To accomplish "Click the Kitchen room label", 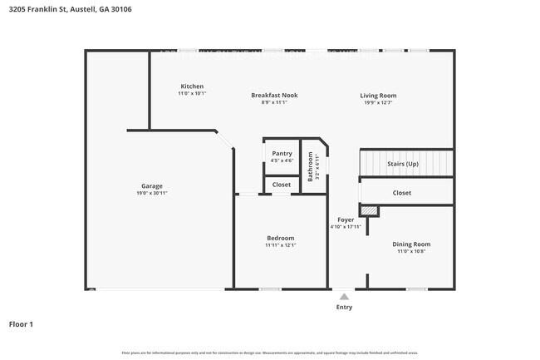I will (192, 86).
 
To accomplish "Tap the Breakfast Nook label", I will (274, 95).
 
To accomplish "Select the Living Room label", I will (378, 95).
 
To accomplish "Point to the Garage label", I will (151, 185).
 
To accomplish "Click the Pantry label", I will (282, 153).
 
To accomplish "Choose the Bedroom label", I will (280, 238).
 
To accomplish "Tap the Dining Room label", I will (411, 244).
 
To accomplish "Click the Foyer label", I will (346, 219).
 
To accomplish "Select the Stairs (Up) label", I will (403, 164).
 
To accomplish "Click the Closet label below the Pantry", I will (282, 184).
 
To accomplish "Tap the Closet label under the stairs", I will (402, 192).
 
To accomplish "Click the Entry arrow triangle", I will (344, 295).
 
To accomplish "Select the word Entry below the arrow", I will (344, 307).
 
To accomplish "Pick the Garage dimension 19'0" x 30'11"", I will (152, 193).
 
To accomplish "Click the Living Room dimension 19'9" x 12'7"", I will (378, 102).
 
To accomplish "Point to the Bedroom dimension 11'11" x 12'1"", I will (280, 245).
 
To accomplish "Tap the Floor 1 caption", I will (21, 324).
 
